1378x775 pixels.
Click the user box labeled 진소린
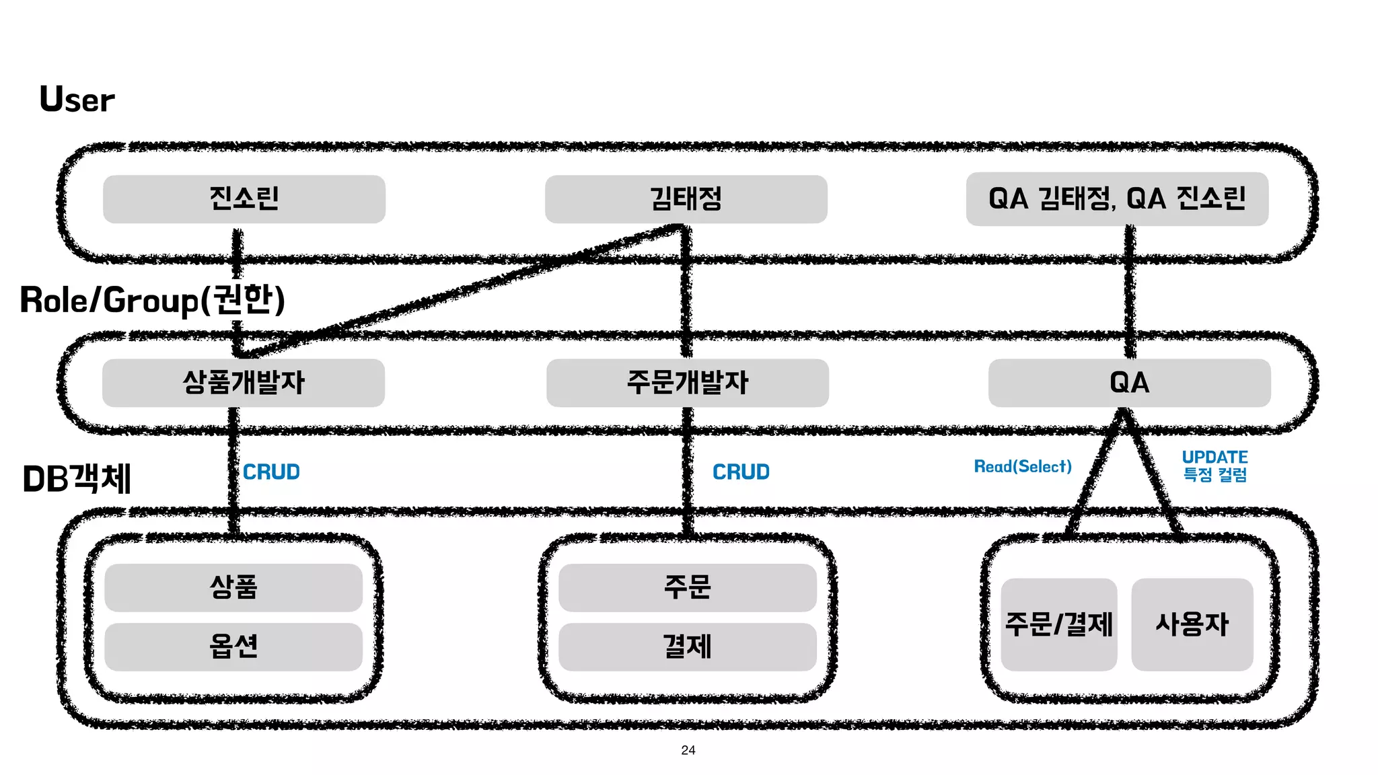[244, 199]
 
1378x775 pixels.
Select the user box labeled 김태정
[686, 199]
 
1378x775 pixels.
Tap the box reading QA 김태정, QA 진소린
[1117, 199]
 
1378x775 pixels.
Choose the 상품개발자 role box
[244, 383]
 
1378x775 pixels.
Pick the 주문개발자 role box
[687, 383]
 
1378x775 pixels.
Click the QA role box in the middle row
[1129, 383]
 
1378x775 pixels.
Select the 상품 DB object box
[233, 587]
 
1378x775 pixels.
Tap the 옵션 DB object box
[233, 647]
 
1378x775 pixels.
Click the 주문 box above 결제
[687, 587]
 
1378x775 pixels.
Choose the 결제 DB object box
[687, 647]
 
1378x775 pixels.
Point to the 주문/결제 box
[1058, 624]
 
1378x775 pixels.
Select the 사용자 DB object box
[1192, 624]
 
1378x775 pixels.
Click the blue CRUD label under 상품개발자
[271, 472]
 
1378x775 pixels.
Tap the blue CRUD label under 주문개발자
[741, 472]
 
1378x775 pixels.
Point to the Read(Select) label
[1023, 466]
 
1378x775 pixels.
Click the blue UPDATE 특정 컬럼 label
[1214, 466]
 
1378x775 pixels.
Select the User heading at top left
[77, 100]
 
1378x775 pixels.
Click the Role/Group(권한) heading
[153, 300]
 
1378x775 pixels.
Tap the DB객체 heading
[77, 479]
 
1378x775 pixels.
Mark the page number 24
[688, 750]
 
